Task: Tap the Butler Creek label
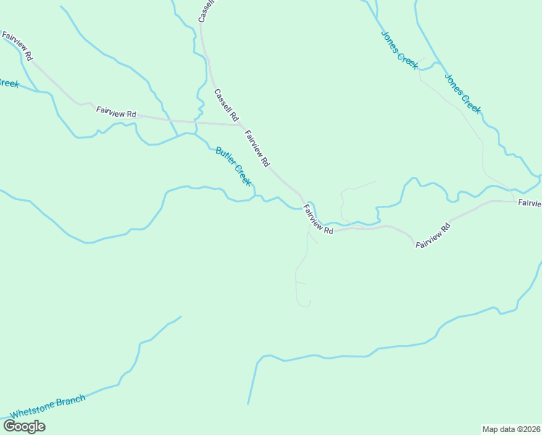pyautogui.click(x=233, y=167)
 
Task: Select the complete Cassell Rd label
pyautogui.click(x=226, y=104)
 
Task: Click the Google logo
pyautogui.click(x=25, y=426)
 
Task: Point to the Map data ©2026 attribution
pyautogui.click(x=512, y=429)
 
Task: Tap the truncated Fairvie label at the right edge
pyautogui.click(x=529, y=204)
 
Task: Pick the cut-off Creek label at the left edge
pyautogui.click(x=8, y=83)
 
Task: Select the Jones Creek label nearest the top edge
pyautogui.click(x=399, y=50)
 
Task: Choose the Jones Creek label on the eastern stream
pyautogui.click(x=462, y=93)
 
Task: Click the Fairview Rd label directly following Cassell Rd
pyautogui.click(x=257, y=147)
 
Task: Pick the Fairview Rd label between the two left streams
pyautogui.click(x=116, y=112)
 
